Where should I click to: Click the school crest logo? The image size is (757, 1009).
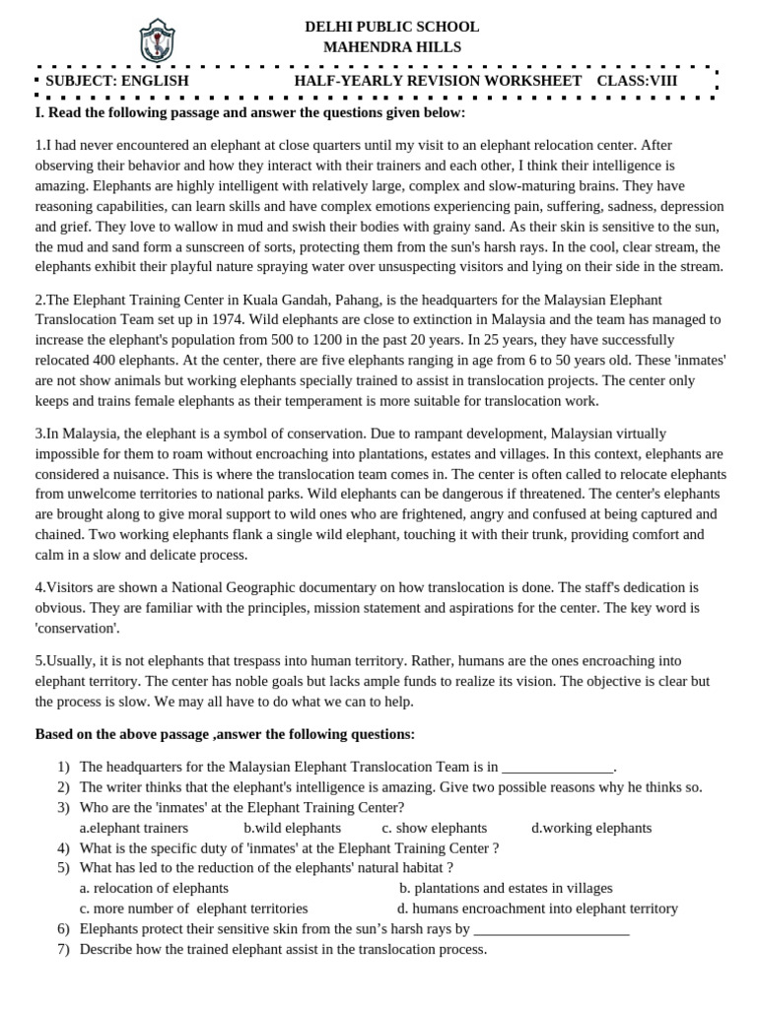[x=157, y=40]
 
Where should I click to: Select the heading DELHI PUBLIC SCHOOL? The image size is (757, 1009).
[x=391, y=27]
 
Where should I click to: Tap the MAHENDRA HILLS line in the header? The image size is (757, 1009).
[x=391, y=47]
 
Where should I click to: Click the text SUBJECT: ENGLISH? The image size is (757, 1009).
[x=116, y=81]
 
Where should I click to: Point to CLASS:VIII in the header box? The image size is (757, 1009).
[x=637, y=81]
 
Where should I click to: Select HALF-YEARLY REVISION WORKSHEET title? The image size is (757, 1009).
[x=438, y=81]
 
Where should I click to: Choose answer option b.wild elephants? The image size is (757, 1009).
[x=292, y=828]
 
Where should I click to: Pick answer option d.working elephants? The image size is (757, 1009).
[x=591, y=828]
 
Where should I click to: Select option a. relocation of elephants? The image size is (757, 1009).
[x=147, y=888]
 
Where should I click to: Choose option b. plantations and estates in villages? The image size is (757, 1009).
[x=506, y=888]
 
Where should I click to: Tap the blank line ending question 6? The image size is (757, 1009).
[x=551, y=930]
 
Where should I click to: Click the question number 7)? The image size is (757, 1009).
[x=63, y=949]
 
